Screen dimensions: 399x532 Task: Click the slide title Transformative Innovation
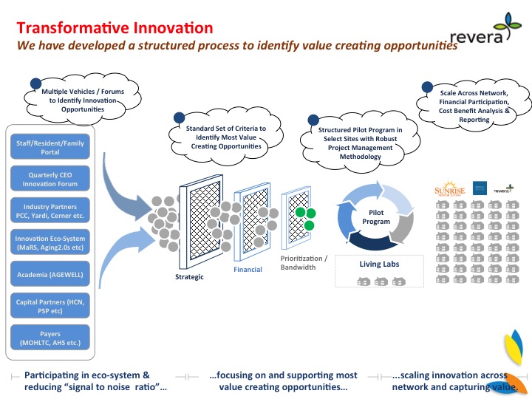[115, 29]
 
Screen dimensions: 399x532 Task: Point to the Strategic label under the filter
[189, 277]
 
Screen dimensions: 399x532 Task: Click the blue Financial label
[248, 270]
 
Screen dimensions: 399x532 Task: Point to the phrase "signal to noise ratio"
[134, 387]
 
